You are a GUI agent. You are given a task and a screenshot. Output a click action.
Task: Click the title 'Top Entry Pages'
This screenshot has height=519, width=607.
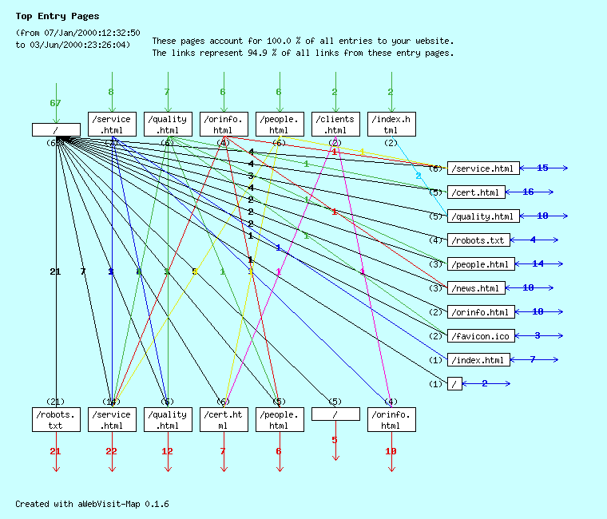[x=58, y=16]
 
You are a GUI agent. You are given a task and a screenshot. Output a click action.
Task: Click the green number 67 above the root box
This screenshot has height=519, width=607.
[x=55, y=103]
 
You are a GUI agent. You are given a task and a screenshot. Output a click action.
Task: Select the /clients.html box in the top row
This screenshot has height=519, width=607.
[x=335, y=124]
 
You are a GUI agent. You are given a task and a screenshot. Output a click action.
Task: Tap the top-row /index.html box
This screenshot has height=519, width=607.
[x=391, y=124]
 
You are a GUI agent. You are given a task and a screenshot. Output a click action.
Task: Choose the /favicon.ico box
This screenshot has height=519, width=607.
[x=482, y=336]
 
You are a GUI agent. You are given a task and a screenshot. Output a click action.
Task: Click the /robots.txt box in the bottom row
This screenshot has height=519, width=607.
[x=56, y=419]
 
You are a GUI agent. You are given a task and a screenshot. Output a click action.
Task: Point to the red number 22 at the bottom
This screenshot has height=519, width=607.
[x=111, y=452]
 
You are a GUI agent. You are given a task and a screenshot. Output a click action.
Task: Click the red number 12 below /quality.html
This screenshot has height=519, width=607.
[x=167, y=452]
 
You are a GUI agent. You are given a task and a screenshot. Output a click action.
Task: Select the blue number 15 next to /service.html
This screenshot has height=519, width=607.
[x=542, y=168]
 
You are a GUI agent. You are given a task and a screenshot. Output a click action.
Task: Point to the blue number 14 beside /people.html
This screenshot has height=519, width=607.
[x=538, y=264]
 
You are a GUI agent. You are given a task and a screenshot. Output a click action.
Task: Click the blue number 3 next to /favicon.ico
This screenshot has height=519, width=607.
[x=538, y=336]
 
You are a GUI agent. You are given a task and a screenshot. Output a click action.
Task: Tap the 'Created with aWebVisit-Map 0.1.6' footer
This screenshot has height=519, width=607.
[x=92, y=505]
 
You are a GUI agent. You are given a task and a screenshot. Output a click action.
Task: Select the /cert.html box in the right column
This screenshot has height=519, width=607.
[x=476, y=192]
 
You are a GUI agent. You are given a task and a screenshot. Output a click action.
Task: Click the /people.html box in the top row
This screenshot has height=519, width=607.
[x=280, y=124]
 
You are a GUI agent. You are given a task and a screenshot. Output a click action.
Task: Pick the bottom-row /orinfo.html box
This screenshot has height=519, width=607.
[x=391, y=419]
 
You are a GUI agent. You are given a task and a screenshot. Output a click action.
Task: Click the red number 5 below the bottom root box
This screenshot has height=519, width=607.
[x=335, y=440]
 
